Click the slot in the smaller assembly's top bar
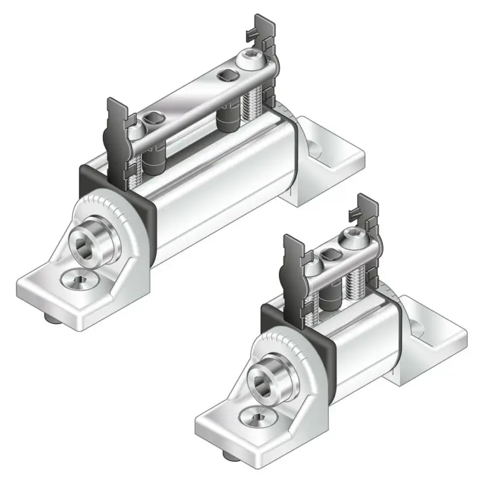(329, 257)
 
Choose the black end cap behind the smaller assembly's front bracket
(330, 343)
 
